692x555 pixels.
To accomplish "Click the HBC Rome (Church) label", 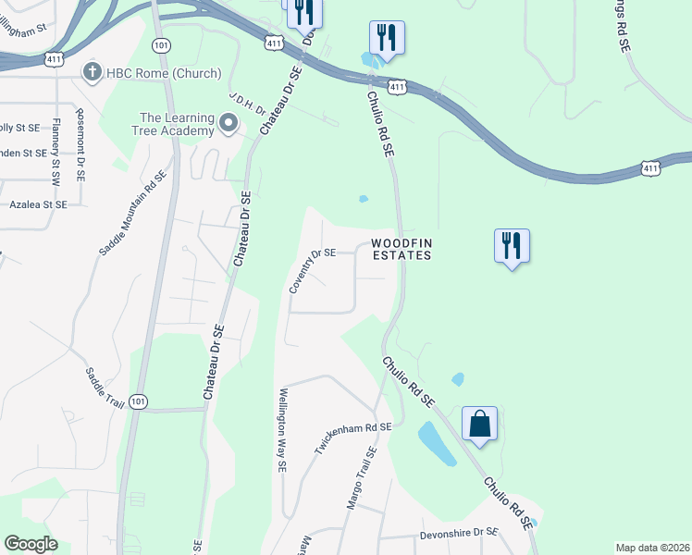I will (162, 73).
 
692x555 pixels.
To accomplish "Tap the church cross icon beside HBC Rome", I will (91, 72).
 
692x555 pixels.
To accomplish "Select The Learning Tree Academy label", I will (176, 124).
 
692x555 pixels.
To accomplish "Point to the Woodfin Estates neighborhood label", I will (402, 250).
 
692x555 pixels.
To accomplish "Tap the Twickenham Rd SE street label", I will (353, 439).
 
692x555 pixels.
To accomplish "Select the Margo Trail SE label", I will (360, 478).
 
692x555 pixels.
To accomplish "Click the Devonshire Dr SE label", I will (460, 533).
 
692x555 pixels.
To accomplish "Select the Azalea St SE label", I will (37, 204).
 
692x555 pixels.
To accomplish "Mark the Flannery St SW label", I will (56, 149).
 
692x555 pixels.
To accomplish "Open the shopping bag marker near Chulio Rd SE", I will (480, 424).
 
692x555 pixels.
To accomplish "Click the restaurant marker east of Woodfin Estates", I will (512, 246).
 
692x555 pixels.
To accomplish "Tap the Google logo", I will (31, 544).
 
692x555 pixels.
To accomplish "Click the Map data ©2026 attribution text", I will (651, 548).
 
